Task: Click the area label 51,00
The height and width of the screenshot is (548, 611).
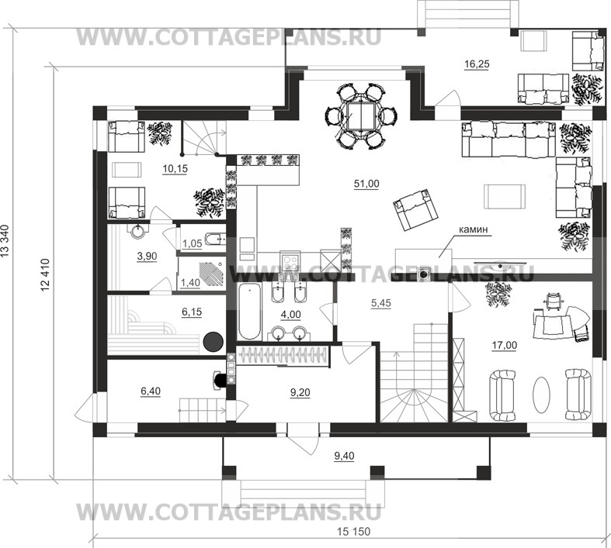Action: [366, 184]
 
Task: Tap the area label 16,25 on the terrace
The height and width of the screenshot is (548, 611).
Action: [477, 64]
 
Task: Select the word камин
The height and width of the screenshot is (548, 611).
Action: [473, 230]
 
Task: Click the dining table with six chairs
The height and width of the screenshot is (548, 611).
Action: [361, 115]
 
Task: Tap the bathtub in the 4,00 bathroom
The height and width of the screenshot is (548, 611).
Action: [248, 312]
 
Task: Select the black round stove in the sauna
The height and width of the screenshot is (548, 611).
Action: [214, 343]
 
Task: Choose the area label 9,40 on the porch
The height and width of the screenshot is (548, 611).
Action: [345, 456]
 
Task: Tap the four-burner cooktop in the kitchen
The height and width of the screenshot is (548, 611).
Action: [290, 263]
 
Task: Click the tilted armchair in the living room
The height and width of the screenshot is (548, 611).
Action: [415, 209]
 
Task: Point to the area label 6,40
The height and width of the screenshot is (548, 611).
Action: [150, 391]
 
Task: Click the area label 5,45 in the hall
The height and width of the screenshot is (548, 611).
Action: [380, 303]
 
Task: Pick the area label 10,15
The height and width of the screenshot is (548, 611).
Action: [175, 169]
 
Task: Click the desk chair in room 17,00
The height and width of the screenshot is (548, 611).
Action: [554, 299]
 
